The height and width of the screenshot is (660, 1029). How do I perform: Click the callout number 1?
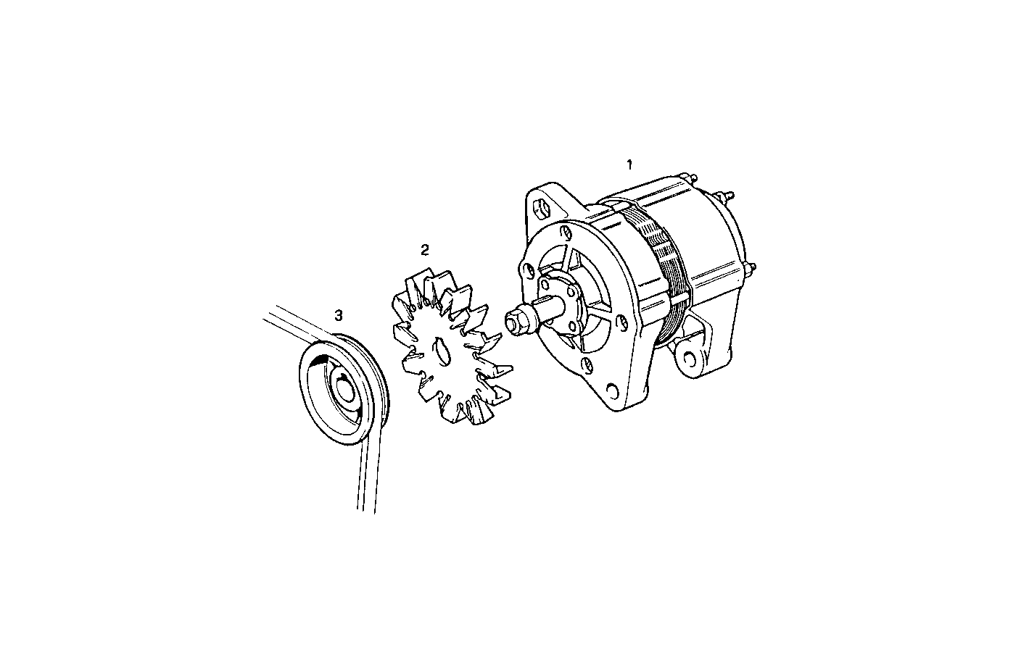[629, 164]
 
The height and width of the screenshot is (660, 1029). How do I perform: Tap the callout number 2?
[425, 250]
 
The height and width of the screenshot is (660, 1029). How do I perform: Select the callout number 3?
[339, 315]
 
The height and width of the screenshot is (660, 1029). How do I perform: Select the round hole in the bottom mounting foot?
[612, 391]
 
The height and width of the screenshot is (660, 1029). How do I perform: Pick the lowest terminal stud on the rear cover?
[748, 272]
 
